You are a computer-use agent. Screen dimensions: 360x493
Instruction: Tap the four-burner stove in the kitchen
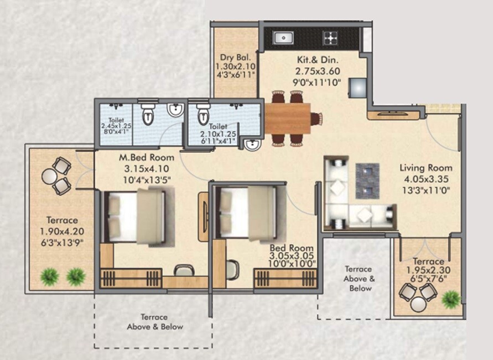[330, 38]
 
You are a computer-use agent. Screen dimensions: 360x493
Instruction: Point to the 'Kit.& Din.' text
[315, 60]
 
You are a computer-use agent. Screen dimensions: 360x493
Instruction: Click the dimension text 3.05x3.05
[292, 256]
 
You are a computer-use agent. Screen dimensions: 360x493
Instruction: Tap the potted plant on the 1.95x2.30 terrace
[451, 299]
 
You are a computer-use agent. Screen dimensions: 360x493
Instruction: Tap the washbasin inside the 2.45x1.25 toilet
[175, 110]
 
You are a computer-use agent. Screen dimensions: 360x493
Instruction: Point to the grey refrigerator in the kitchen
[358, 87]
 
